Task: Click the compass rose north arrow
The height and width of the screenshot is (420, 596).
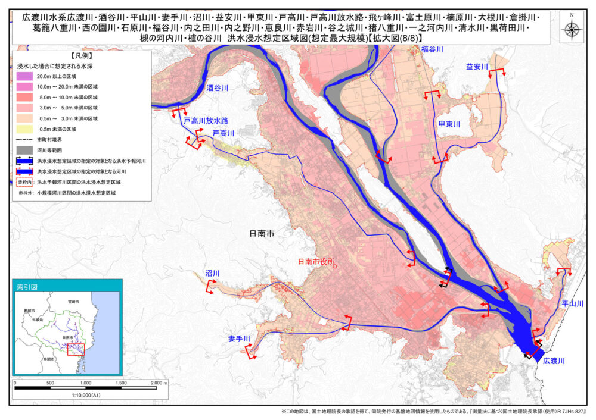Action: [x=572, y=27]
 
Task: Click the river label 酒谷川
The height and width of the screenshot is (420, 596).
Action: [x=217, y=87]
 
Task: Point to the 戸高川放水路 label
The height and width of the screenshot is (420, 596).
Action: [x=206, y=120]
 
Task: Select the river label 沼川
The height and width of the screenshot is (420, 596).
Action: [x=212, y=273]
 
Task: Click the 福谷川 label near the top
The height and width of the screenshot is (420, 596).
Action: [x=432, y=49]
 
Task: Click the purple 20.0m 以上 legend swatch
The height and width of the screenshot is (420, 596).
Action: [x=23, y=77]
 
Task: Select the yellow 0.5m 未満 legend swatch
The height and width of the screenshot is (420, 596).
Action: [x=23, y=128]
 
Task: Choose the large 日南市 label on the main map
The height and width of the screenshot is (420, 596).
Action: [x=262, y=234]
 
